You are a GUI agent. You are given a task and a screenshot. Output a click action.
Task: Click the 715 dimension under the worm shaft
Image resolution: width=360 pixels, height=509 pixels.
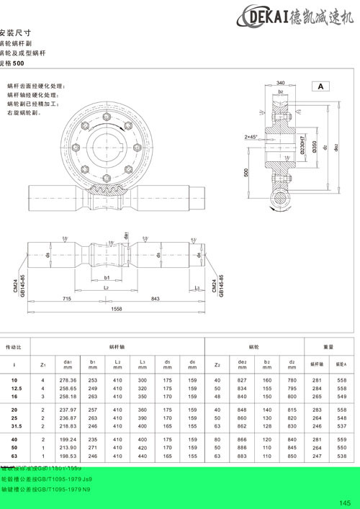66,298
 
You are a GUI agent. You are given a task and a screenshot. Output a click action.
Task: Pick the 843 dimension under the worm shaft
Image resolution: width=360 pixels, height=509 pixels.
155,298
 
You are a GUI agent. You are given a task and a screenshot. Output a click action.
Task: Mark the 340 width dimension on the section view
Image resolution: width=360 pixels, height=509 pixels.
280,82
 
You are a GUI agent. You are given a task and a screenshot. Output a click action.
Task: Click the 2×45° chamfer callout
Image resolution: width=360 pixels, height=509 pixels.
251,136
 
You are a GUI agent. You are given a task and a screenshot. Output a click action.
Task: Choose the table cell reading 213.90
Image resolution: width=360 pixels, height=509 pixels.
69,446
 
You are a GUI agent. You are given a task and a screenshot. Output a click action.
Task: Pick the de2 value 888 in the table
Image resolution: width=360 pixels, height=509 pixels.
241,446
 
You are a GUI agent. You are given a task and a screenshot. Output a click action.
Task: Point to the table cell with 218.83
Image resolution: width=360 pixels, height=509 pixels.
69,426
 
